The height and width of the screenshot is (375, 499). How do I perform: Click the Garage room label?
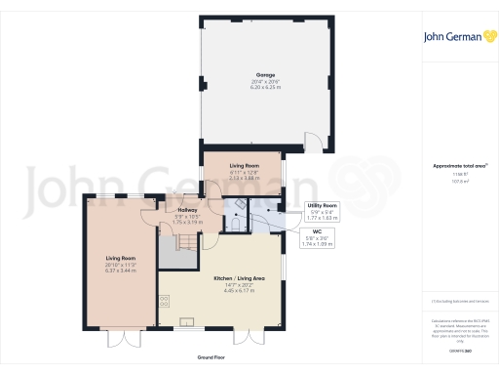pyautogui.click(x=265, y=74)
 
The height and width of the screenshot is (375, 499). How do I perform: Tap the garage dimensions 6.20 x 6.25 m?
pyautogui.click(x=265, y=86)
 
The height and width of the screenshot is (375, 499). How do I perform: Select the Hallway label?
pyautogui.click(x=186, y=210)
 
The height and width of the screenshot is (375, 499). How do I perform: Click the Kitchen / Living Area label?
pyautogui.click(x=239, y=277)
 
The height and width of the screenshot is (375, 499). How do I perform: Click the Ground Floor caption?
pyautogui.click(x=211, y=358)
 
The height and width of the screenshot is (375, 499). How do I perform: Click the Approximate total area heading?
pyautogui.click(x=459, y=166)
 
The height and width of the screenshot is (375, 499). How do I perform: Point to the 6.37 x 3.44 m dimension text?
pyautogui.click(x=120, y=271)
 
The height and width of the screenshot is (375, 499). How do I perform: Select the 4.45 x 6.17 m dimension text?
pyautogui.click(x=239, y=290)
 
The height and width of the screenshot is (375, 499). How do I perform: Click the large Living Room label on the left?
pyautogui.click(x=120, y=259)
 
